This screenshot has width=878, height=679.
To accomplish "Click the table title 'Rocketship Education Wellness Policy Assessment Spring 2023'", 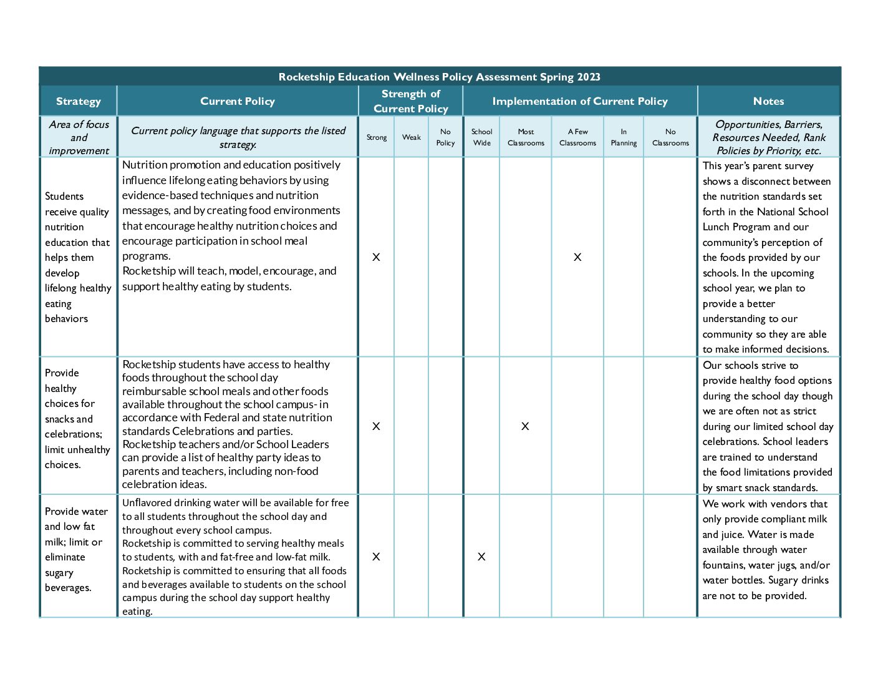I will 439,77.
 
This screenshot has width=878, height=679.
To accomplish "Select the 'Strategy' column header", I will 78,101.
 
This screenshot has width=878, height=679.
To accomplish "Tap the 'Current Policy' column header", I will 238,101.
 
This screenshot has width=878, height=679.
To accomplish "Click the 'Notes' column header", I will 768,101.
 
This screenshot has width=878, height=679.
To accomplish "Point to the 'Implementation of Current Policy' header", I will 579,101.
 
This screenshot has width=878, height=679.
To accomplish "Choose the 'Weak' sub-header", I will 411,137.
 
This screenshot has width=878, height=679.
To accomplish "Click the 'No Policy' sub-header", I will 445,137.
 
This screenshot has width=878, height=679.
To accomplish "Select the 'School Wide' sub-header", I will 481,137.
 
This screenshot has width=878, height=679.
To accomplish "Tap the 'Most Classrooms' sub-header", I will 526,137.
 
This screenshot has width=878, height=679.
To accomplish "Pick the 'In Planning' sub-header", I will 624,137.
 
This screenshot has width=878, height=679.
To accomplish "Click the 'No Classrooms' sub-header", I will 670,137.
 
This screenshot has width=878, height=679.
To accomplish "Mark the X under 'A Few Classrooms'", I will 577,257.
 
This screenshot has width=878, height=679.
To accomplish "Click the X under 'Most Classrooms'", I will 525,426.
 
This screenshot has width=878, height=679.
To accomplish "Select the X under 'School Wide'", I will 481,557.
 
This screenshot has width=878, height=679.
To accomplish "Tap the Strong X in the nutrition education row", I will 376,257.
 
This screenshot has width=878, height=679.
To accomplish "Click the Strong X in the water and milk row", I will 376,557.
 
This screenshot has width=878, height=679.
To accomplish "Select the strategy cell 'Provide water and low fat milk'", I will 77,549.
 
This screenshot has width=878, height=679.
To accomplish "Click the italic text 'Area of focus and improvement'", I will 79,137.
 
